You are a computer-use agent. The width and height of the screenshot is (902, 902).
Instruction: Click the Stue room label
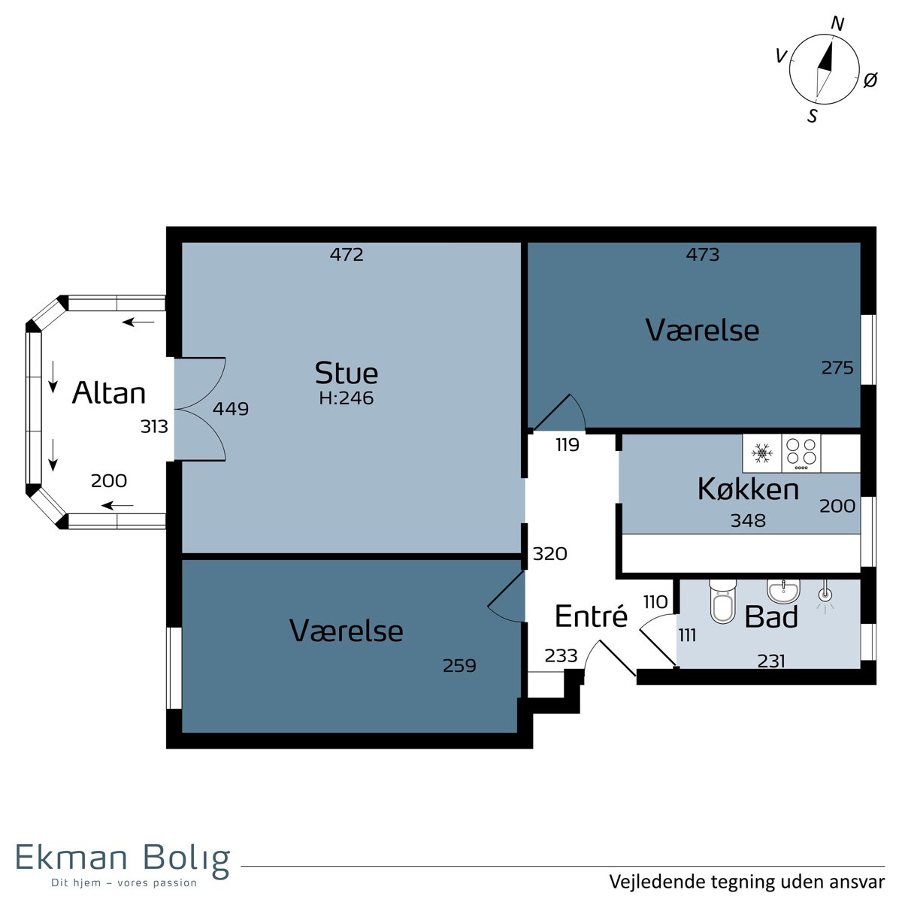[346, 373]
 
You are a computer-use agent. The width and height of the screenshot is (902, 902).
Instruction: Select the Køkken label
[748, 489]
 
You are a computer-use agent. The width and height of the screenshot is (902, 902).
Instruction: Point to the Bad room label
[771, 616]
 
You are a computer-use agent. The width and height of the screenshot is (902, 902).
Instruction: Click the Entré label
[592, 616]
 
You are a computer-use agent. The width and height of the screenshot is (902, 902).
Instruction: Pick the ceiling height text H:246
[346, 398]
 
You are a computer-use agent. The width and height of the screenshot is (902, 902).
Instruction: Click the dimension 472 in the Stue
[347, 254]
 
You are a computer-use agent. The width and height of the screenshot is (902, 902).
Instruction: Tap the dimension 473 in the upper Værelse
[703, 254]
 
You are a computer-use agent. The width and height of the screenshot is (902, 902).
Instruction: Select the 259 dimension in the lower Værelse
[459, 665]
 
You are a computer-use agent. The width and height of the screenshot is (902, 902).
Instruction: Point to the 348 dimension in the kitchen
[748, 520]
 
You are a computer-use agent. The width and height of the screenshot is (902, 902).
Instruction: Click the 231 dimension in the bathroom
[771, 661]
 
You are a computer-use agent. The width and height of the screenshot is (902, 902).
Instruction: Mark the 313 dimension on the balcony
[154, 426]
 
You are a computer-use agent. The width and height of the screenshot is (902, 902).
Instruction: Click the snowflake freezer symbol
[761, 453]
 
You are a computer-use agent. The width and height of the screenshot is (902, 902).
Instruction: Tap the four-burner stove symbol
[801, 453]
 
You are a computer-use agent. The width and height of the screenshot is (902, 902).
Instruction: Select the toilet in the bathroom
[722, 601]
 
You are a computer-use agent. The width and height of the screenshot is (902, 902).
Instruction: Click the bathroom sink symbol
[783, 592]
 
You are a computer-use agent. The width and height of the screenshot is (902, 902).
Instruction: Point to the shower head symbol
[825, 595]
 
